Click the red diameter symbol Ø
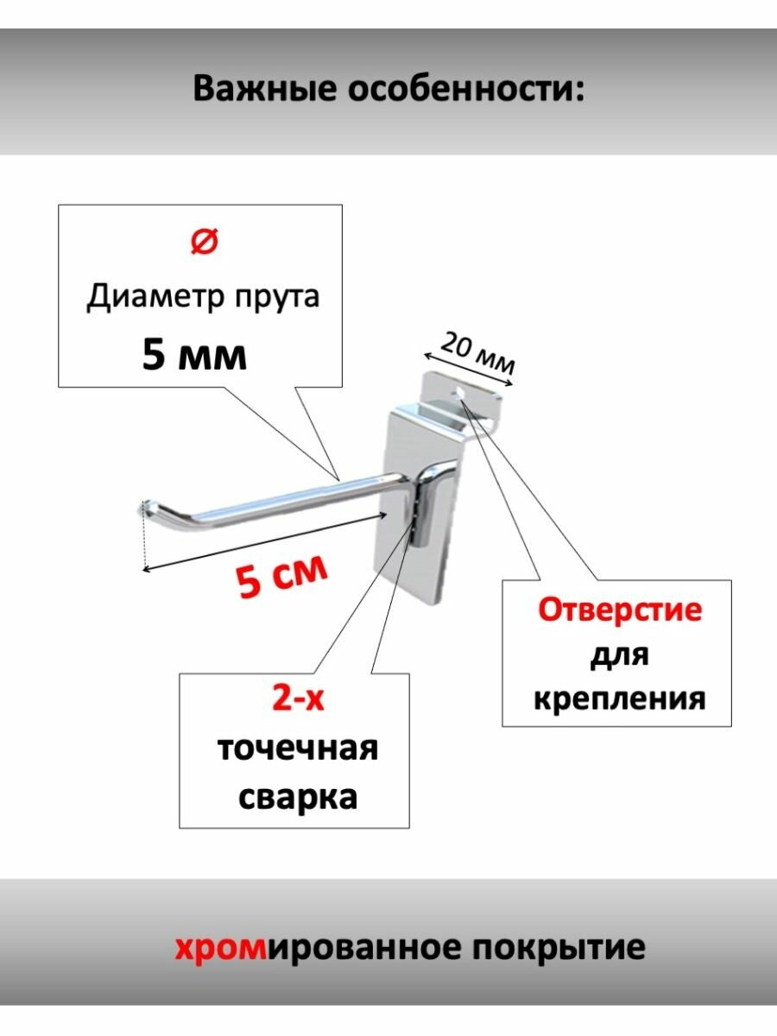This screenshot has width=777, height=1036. coord(204,243)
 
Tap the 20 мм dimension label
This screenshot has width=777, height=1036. coord(477,354)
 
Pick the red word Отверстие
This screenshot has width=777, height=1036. coord(620,610)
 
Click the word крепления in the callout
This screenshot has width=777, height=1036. coord(619,697)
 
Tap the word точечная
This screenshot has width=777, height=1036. coord(297,748)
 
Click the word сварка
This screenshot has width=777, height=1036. coord(297,796)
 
